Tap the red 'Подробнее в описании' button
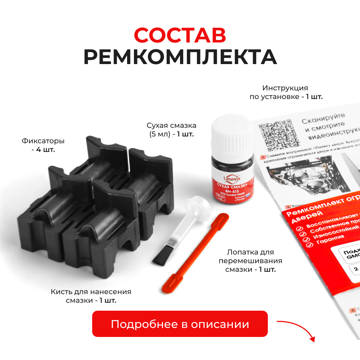click(x=180, y=324)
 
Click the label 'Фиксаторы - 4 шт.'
click(x=43, y=145)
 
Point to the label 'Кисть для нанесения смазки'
click(x=91, y=296)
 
